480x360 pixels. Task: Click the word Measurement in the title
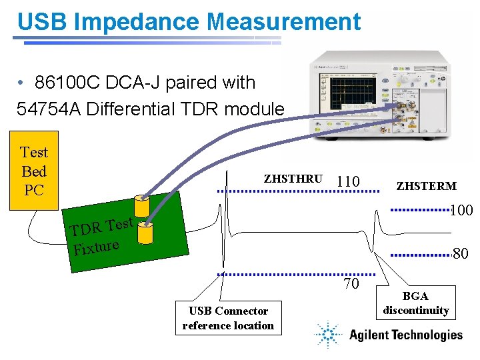(284, 21)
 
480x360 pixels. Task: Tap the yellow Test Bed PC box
(33, 171)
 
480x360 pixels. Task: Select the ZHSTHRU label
(293, 179)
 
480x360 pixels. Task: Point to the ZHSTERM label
(426, 186)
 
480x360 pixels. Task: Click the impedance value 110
(348, 181)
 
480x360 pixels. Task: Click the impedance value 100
(461, 211)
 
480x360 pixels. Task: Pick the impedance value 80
(461, 253)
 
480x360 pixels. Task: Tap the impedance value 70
(351, 283)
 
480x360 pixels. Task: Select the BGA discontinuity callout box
(416, 303)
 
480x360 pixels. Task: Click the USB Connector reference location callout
(228, 318)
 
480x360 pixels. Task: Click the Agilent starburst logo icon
(329, 335)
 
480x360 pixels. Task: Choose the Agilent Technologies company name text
(405, 335)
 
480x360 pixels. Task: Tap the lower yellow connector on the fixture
(145, 231)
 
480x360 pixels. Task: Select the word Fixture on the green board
(97, 248)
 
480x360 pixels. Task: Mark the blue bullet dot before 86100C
(22, 83)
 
